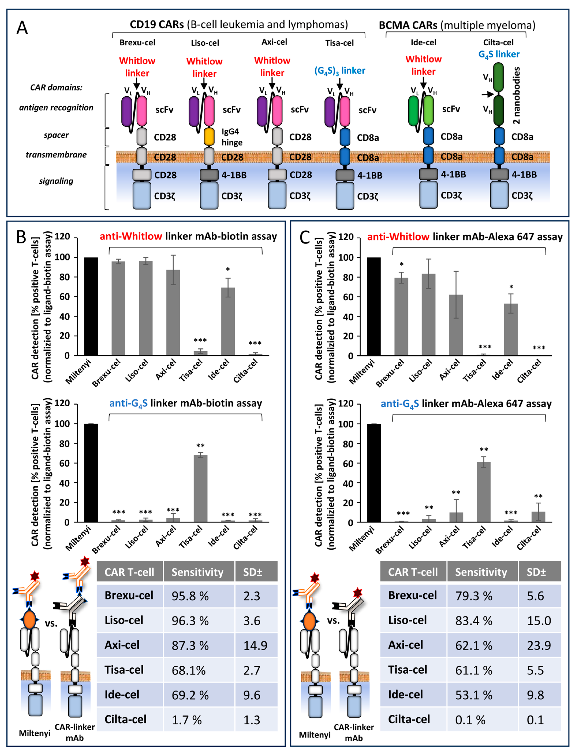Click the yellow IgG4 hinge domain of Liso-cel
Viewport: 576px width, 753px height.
209,136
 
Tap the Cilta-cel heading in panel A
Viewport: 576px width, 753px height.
498,42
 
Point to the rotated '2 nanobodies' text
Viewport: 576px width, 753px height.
516,95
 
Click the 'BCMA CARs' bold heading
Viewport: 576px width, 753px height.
408,25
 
